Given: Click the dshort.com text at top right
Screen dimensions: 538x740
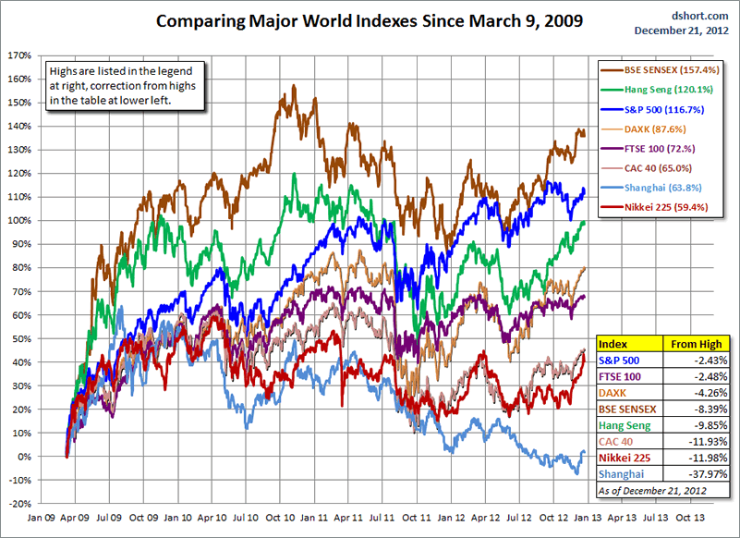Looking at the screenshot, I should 705,16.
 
